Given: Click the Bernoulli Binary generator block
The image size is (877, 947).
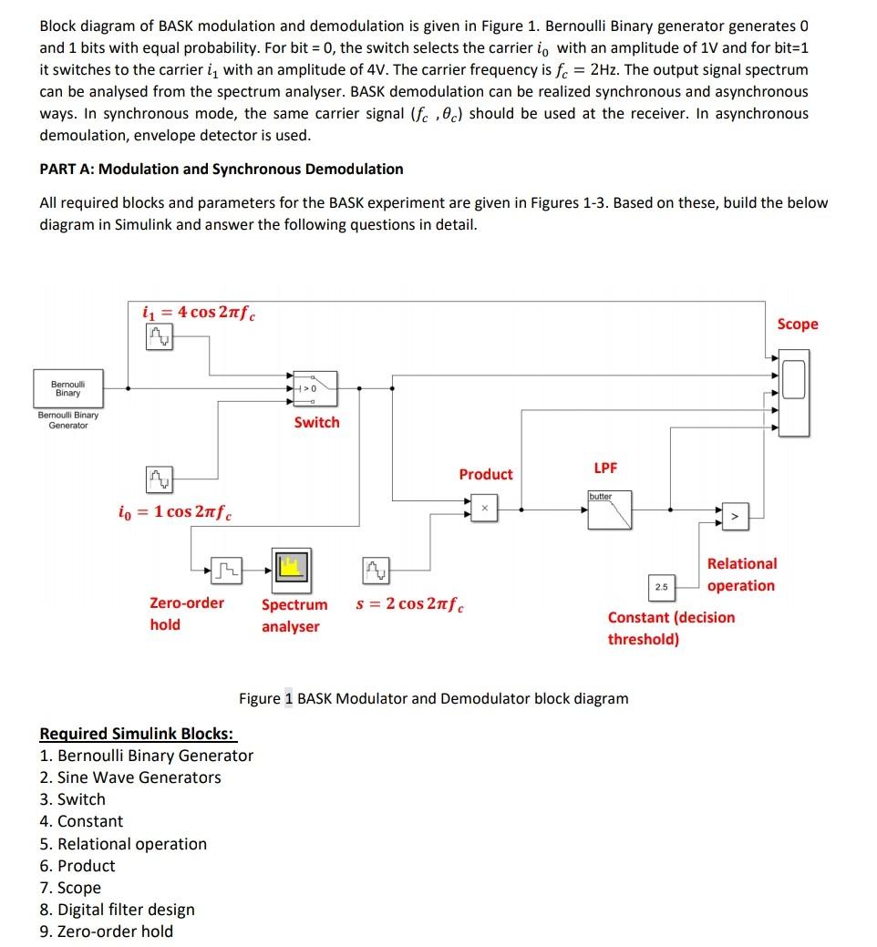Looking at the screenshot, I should click(68, 389).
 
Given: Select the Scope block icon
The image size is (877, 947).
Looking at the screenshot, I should click(794, 380).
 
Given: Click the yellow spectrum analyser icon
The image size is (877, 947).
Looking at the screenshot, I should click(291, 569).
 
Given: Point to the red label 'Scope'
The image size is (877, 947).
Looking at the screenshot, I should click(797, 324).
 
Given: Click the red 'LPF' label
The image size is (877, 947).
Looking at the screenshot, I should click(605, 468).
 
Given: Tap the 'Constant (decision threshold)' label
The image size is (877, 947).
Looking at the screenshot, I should click(670, 628).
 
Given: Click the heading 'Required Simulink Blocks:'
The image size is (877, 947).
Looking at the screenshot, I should click(137, 734).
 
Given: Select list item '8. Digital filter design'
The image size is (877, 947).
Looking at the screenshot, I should click(117, 909).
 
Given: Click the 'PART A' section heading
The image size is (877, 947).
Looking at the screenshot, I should click(221, 169).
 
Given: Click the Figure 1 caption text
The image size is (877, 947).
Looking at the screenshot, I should click(433, 698).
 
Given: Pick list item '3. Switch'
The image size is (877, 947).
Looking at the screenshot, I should click(72, 799).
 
